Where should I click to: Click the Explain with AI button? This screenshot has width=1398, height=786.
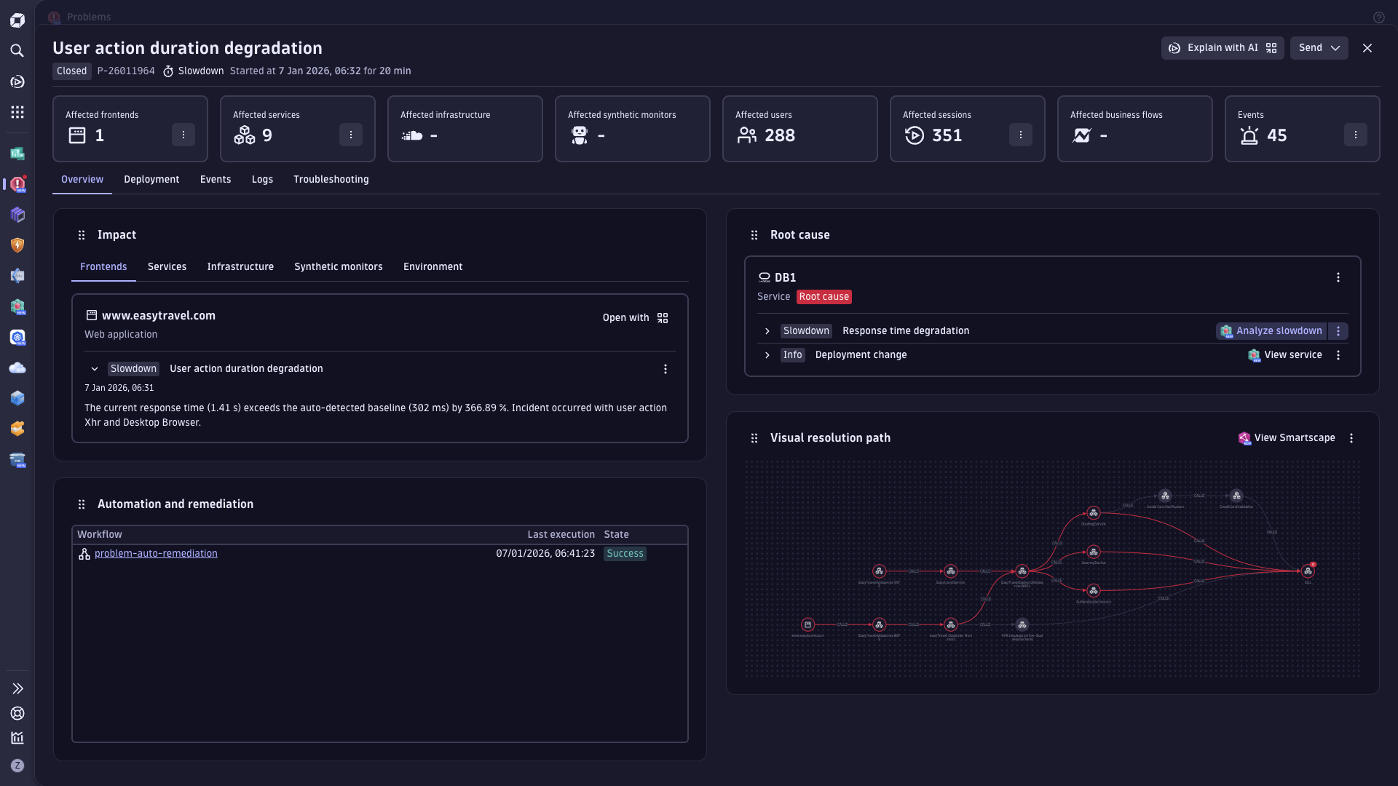pyautogui.click(x=1222, y=48)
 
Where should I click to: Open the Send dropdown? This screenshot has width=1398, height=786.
pyautogui.click(x=1319, y=48)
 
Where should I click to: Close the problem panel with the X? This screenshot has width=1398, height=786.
pyautogui.click(x=1367, y=48)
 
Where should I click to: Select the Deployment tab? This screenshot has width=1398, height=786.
pyautogui.click(x=151, y=180)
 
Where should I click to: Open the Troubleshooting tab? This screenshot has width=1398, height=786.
pyautogui.click(x=331, y=180)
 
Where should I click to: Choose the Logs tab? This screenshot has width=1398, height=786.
pyautogui.click(x=262, y=180)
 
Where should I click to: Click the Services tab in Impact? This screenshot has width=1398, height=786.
pyautogui.click(x=167, y=267)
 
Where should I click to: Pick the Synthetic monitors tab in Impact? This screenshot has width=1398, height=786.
pyautogui.click(x=338, y=267)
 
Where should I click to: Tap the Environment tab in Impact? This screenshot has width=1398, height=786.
pyautogui.click(x=433, y=267)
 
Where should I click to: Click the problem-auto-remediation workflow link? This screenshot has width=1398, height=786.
pyautogui.click(x=156, y=554)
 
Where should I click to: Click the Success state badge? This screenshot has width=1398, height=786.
pyautogui.click(x=625, y=554)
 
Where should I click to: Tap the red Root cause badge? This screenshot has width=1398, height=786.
pyautogui.click(x=824, y=297)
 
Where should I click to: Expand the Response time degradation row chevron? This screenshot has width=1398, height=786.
pyautogui.click(x=767, y=331)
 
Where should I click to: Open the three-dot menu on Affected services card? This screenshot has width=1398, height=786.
pyautogui.click(x=350, y=135)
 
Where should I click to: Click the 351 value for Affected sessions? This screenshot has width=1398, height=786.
pyautogui.click(x=947, y=135)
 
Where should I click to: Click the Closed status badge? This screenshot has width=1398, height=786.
pyautogui.click(x=71, y=71)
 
